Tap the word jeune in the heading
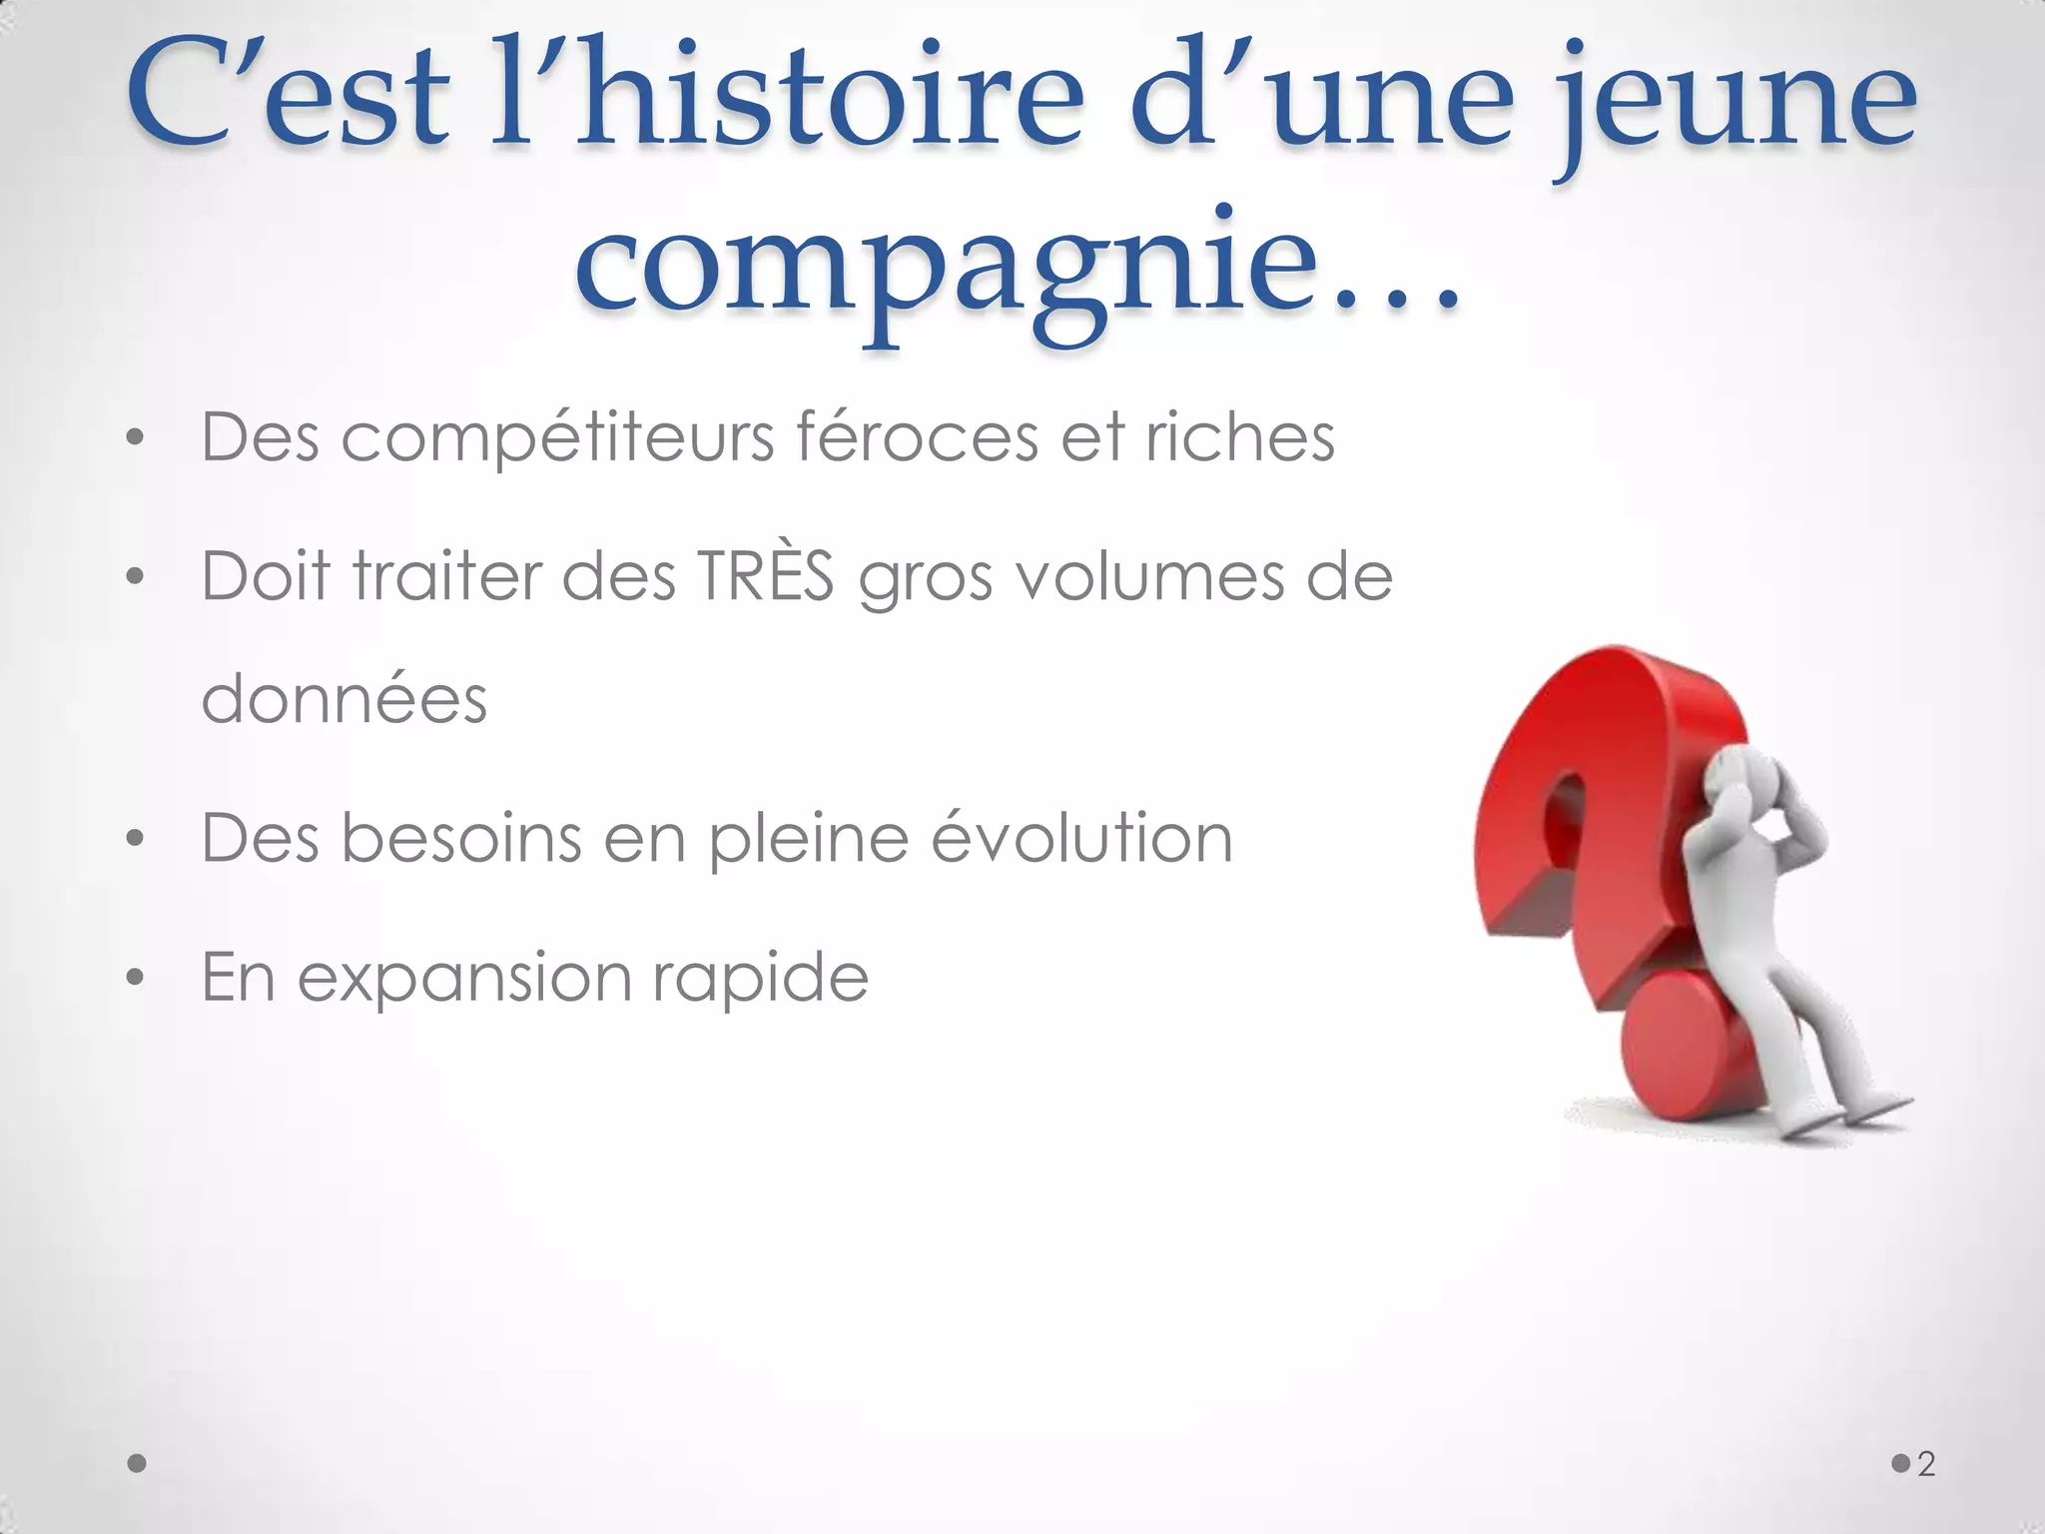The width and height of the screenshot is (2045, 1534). pyautogui.click(x=1732, y=100)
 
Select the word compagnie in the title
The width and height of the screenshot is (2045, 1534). pyautogui.click(x=944, y=265)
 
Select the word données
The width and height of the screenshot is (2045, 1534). pyautogui.click(x=344, y=698)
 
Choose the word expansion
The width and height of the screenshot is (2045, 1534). pyautogui.click(x=464, y=978)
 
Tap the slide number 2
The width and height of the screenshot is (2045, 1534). pyautogui.click(x=1926, y=1464)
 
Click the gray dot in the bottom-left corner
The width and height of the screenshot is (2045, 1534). pyautogui.click(x=138, y=1464)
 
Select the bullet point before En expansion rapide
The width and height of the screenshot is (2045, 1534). pyautogui.click(x=136, y=978)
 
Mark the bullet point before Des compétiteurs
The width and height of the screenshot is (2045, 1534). pyautogui.click(x=136, y=438)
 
